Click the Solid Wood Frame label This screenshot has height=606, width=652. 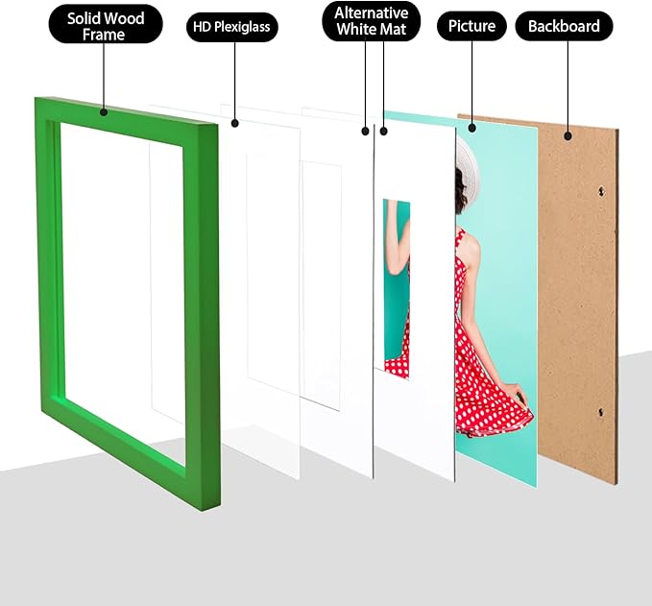106,25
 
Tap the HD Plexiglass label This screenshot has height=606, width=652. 232,27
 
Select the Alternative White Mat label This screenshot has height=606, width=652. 372,21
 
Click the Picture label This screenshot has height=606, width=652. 471,26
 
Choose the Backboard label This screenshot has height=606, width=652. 564,26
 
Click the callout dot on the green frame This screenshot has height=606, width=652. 104,111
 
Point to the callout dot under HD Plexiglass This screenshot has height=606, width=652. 235,123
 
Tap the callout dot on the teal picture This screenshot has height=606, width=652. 471,128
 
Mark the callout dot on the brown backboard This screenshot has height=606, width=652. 568,136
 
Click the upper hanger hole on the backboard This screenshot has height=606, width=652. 601,191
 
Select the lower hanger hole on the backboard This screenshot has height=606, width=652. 601,412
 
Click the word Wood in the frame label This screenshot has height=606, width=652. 124,18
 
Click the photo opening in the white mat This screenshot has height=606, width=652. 397,289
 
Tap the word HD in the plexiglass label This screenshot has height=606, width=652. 202,27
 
